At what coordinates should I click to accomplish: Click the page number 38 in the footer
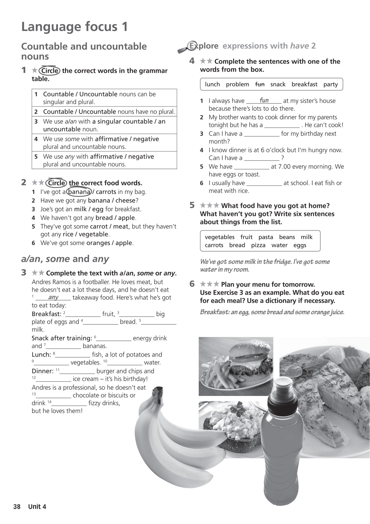[17, 506]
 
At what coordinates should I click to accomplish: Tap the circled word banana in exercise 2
[79, 192]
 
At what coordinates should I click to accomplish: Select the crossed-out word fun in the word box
[260, 84]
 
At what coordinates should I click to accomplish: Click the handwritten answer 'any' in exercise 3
[53, 297]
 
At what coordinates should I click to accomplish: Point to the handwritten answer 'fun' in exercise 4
[264, 100]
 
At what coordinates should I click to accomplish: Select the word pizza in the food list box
[258, 245]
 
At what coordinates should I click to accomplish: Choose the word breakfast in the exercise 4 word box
[304, 84]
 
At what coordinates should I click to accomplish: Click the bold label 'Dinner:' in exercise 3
[42, 371]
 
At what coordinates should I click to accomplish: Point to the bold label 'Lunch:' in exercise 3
[41, 355]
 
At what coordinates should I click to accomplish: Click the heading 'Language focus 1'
[74, 27]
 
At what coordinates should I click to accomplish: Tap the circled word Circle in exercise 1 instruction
[50, 71]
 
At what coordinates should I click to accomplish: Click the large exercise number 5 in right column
[192, 205]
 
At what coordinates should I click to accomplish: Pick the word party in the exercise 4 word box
[330, 84]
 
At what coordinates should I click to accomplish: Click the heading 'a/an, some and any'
[65, 259]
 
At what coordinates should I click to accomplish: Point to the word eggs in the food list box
[300, 245]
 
